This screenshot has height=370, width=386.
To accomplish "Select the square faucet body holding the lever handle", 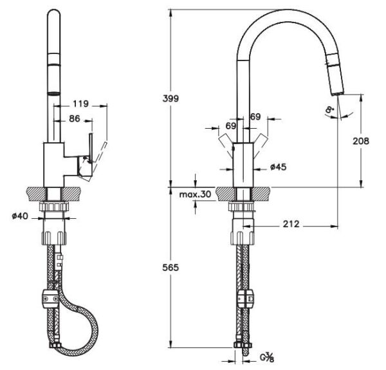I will click(53, 165).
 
